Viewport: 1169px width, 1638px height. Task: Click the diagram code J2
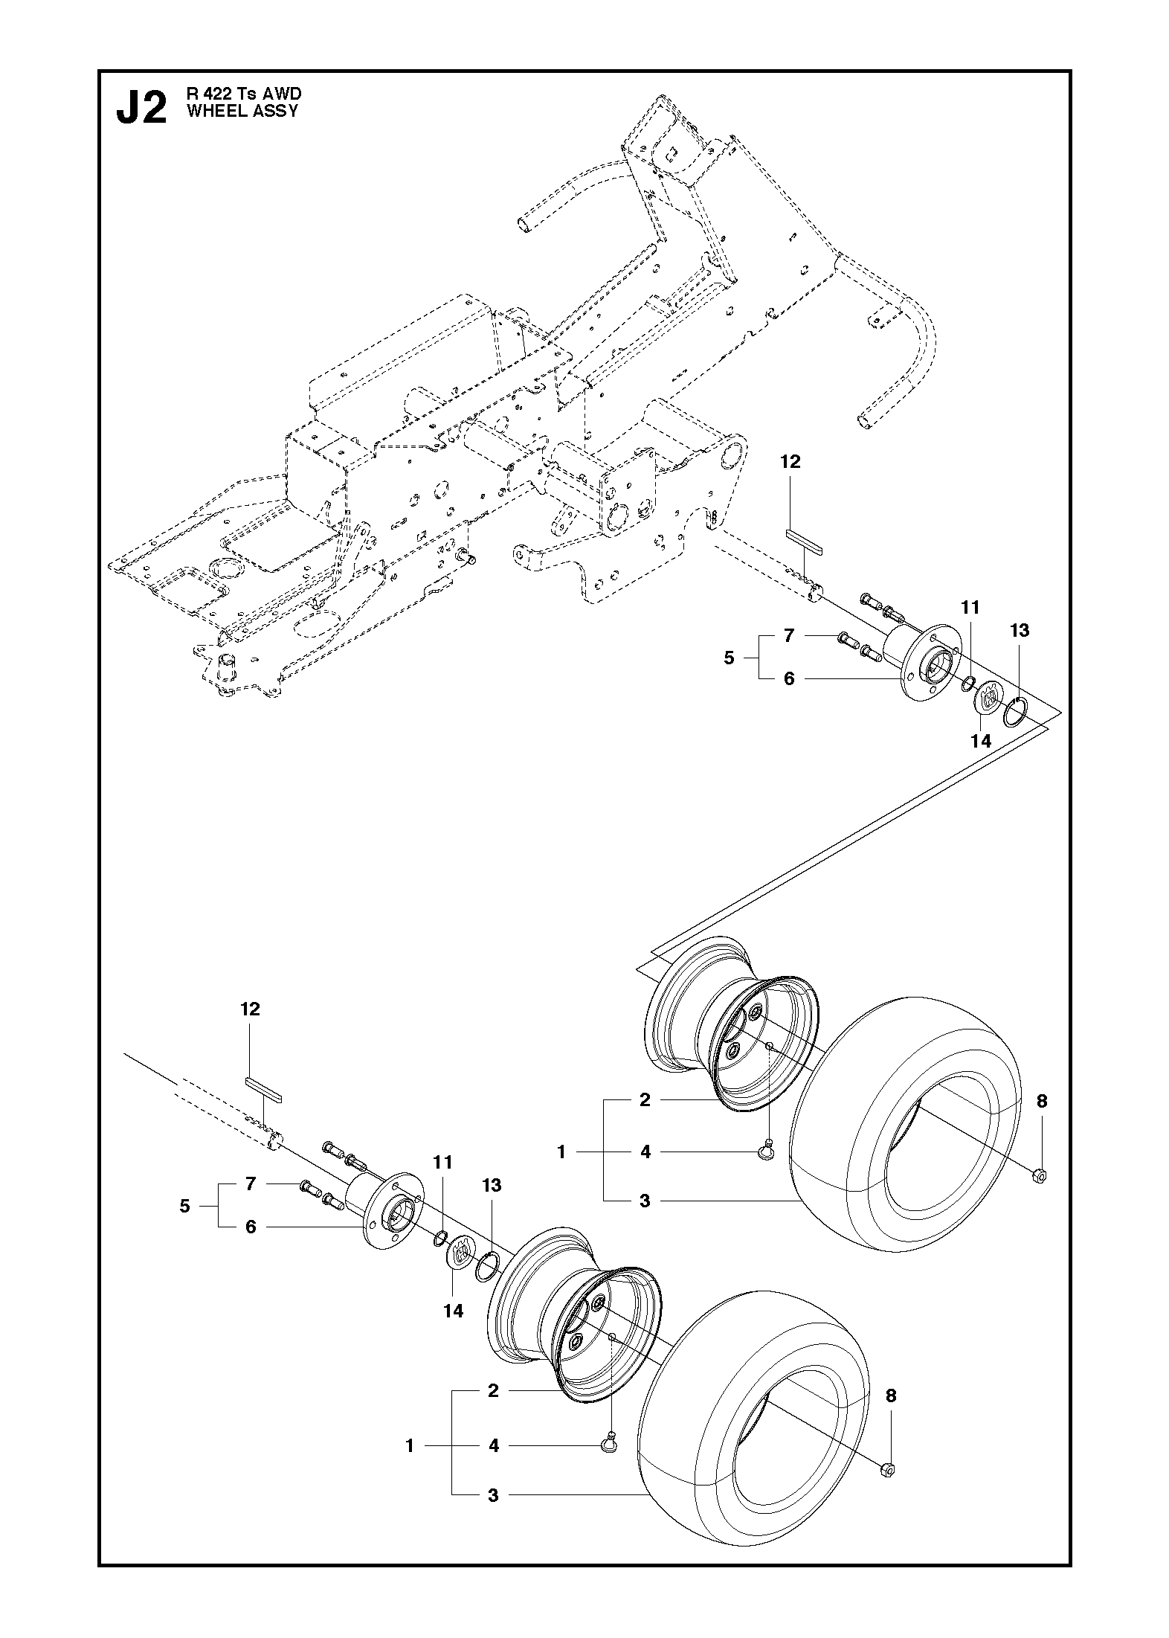tap(141, 109)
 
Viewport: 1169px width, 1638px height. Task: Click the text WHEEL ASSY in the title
tap(242, 111)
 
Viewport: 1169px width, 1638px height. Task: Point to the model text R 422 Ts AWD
tap(244, 94)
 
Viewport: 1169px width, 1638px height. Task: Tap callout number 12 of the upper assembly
tap(790, 462)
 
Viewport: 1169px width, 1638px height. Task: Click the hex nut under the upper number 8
tap(1040, 1176)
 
